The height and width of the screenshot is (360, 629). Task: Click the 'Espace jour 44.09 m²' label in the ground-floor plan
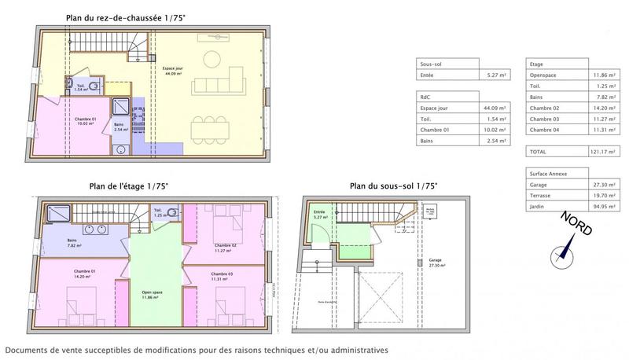[175, 71]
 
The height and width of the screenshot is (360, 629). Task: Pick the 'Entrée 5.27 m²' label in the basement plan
[320, 214]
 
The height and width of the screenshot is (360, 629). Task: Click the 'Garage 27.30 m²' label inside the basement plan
[436, 263]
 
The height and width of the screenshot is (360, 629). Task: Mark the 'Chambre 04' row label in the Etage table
[545, 130]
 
